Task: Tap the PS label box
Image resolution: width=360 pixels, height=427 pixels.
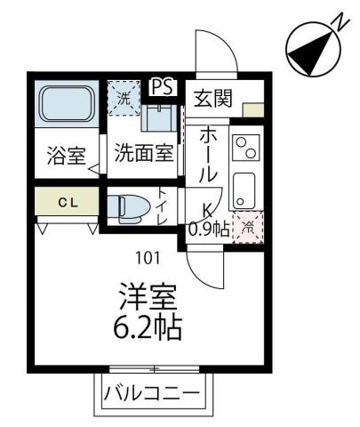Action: [162, 86]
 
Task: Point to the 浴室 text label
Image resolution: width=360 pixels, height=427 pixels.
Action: [65, 156]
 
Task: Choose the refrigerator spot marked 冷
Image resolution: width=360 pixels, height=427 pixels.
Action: [248, 228]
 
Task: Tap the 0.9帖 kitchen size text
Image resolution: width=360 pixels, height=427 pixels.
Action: [209, 230]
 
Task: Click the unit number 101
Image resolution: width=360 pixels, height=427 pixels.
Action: [148, 259]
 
